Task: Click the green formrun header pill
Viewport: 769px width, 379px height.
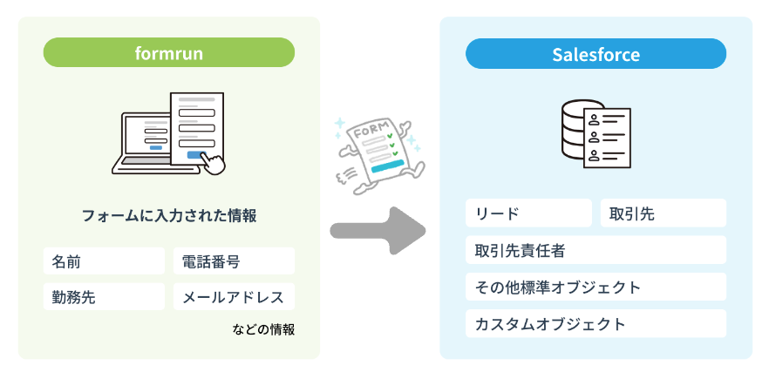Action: (169, 53)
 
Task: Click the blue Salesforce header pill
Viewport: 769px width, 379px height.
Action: (595, 54)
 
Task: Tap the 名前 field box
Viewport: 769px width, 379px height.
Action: (104, 261)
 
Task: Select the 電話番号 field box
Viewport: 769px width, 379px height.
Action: (234, 261)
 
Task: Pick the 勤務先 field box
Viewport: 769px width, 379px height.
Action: (104, 296)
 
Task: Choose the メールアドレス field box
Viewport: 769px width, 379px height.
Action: (234, 296)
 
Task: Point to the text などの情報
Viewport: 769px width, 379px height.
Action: (263, 329)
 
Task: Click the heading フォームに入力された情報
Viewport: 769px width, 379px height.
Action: (169, 215)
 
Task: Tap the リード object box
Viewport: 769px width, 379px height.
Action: (528, 213)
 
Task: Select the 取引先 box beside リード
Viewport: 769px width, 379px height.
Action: (663, 213)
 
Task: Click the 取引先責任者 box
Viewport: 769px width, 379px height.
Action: (595, 250)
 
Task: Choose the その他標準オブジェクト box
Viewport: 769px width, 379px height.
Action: (595, 287)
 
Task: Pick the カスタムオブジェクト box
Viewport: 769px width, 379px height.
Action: (595, 324)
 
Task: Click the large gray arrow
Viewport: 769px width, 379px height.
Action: (377, 231)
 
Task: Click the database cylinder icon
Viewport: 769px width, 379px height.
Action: (578, 132)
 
